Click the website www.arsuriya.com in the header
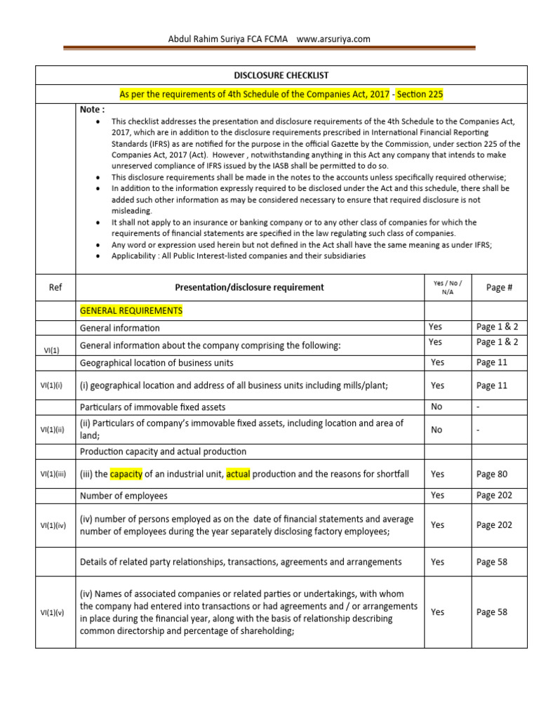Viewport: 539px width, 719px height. click(333, 39)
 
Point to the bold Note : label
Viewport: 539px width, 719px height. click(92, 110)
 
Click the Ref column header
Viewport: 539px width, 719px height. click(55, 287)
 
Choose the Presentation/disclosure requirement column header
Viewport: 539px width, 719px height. click(249, 287)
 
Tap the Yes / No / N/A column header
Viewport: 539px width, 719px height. click(447, 287)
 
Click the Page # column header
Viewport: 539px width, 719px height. click(495, 287)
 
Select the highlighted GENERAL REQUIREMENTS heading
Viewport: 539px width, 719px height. click(131, 310)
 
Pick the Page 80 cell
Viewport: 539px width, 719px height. click(491, 474)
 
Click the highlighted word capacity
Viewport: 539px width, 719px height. click(126, 474)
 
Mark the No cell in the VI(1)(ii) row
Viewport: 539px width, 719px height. click(437, 430)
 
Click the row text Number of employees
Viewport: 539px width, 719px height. click(124, 496)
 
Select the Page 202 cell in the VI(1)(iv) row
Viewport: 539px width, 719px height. click(494, 525)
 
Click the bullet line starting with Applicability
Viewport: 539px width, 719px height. click(238, 256)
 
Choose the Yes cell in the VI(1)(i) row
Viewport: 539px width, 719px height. click(437, 385)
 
